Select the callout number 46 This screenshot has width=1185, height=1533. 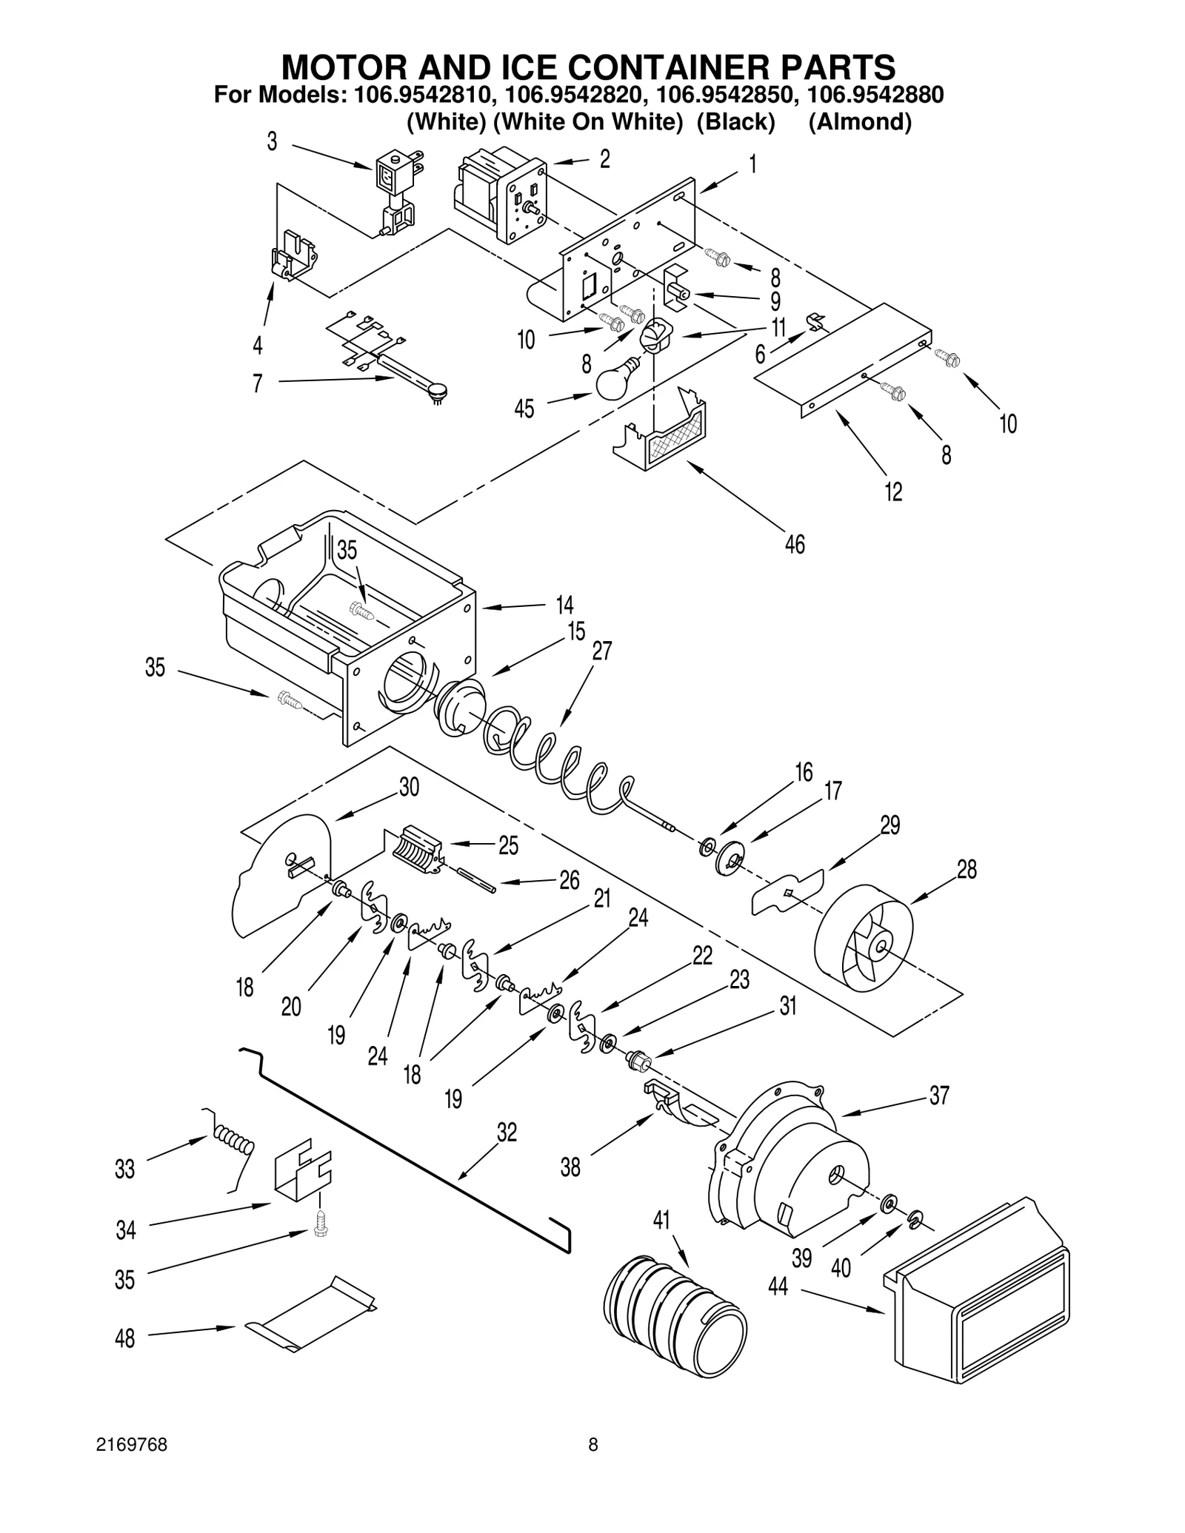794,545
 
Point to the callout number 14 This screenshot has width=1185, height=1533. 564,605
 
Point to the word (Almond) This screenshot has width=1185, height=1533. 859,121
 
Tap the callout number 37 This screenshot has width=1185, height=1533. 939,1095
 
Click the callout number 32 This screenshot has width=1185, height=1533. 507,1133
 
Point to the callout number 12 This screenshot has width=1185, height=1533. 893,491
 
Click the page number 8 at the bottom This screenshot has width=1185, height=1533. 592,1466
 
